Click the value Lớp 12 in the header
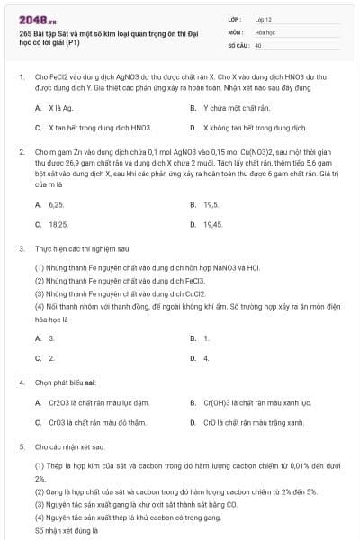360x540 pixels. [263, 19]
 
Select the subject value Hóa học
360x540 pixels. [265, 31]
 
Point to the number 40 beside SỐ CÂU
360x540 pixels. [258, 44]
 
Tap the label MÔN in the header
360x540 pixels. [234, 31]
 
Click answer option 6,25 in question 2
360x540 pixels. [57, 204]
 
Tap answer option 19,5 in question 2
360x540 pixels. [211, 204]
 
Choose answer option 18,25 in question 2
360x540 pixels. [58, 224]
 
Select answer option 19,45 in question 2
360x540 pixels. [213, 224]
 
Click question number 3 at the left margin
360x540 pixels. [21, 247]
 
